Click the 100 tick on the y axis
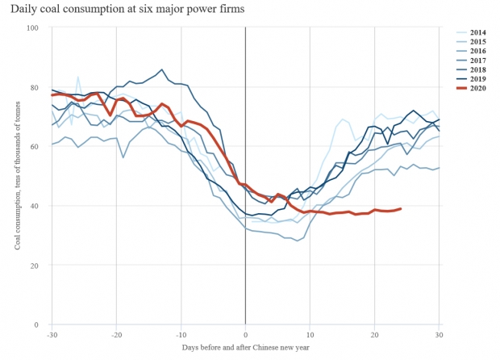tap(33, 28)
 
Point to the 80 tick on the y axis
tap(35, 87)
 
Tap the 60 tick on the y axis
tap(35, 147)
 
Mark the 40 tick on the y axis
tap(35, 206)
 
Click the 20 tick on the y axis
tap(35, 266)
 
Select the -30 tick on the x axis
tap(52, 334)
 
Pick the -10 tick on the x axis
tap(181, 334)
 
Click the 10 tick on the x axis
tap(310, 334)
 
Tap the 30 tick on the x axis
tap(440, 334)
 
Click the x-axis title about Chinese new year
tap(245, 348)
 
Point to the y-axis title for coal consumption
tap(17, 177)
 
